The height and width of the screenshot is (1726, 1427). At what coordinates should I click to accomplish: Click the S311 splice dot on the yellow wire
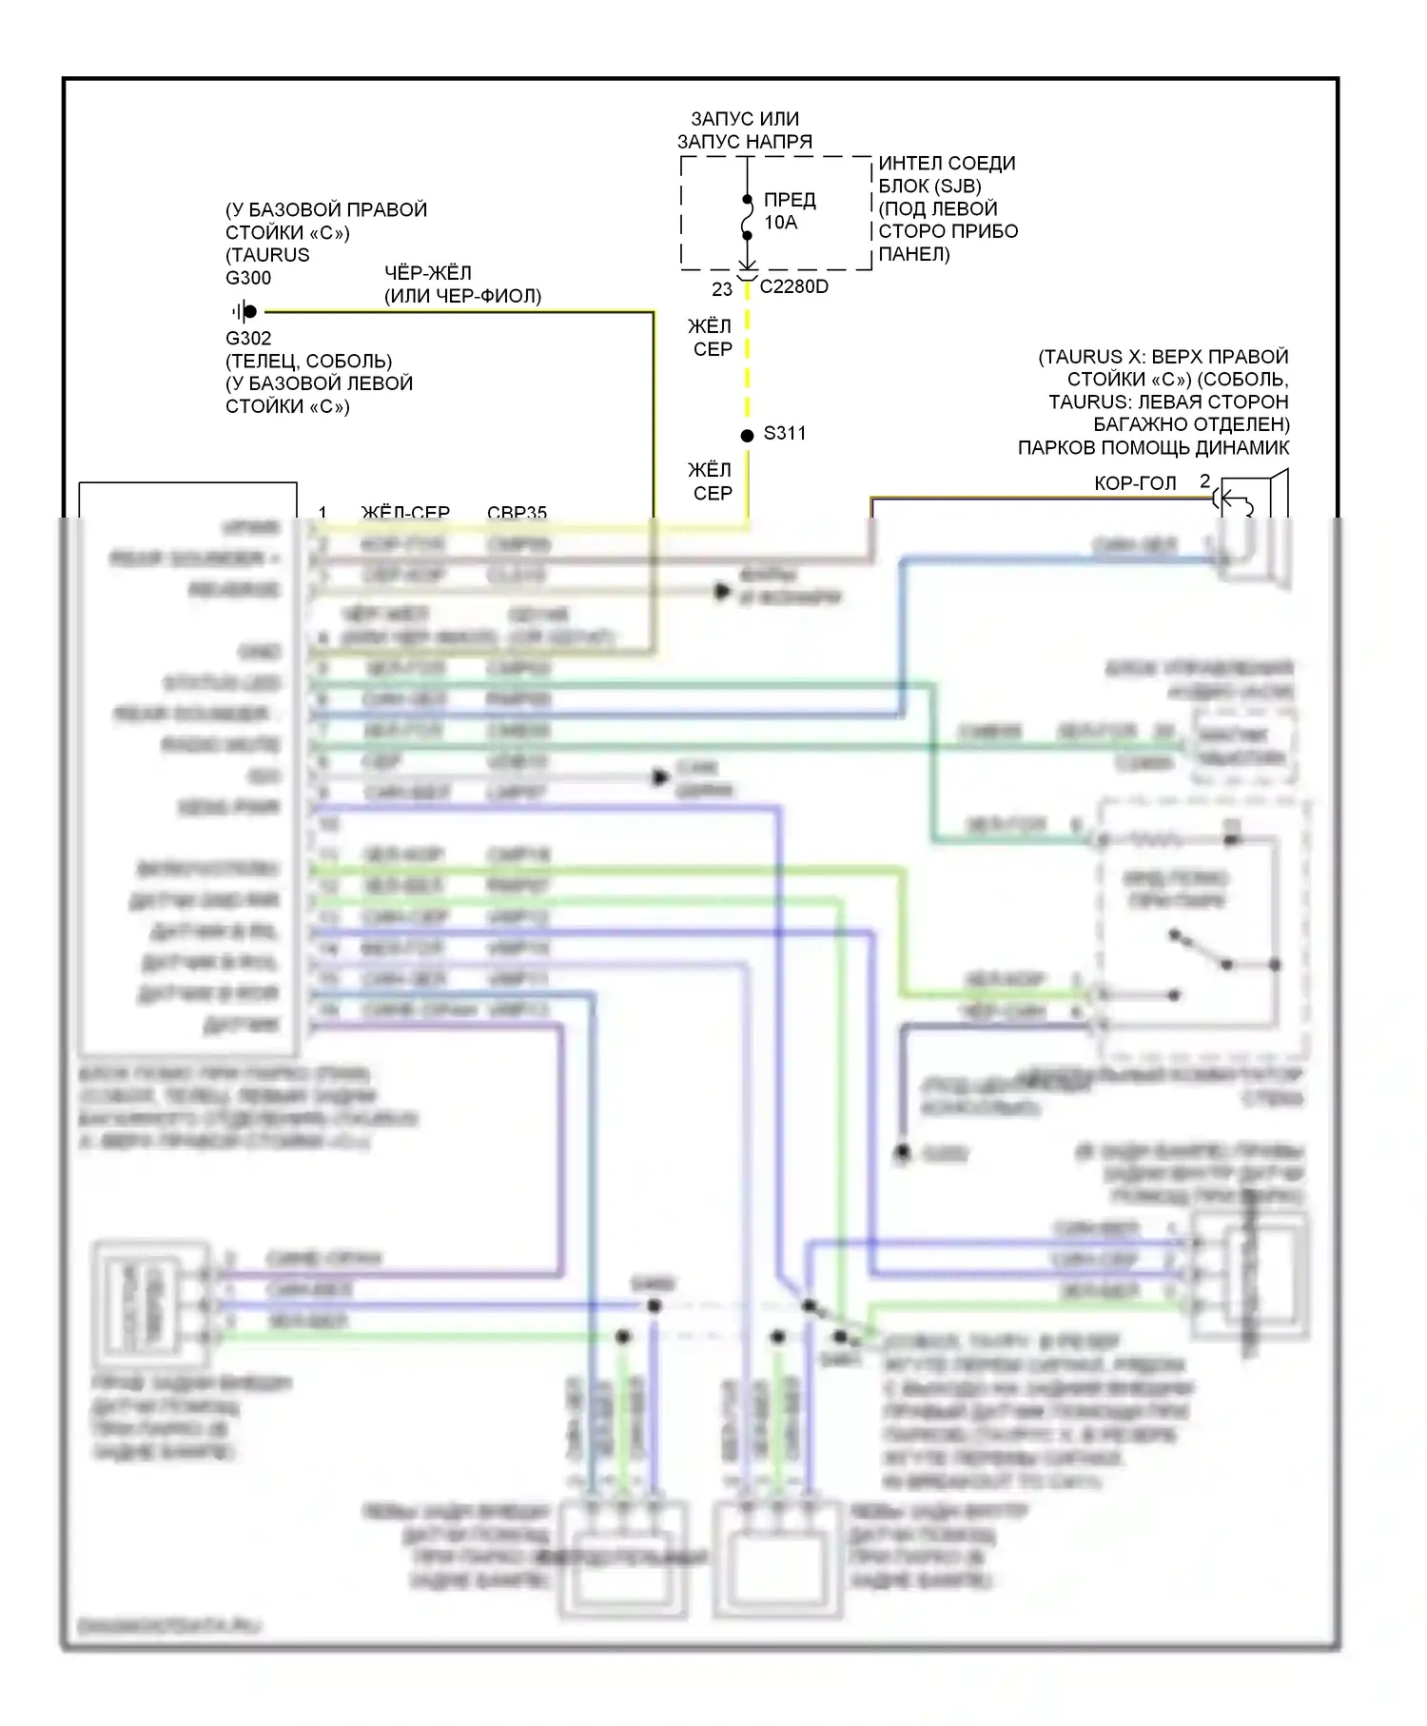click(747, 436)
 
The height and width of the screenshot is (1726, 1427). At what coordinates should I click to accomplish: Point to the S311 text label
click(785, 434)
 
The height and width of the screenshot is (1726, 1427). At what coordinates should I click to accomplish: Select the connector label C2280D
click(793, 287)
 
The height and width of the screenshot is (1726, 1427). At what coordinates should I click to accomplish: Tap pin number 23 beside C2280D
click(722, 289)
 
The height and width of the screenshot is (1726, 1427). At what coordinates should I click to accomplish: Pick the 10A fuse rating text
click(781, 223)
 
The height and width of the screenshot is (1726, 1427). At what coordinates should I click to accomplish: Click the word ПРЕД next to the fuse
click(790, 200)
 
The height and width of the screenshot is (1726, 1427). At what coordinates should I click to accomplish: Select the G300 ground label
click(248, 278)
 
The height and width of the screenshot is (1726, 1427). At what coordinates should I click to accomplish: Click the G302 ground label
click(248, 339)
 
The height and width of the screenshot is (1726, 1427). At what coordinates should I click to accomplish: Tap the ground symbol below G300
click(245, 311)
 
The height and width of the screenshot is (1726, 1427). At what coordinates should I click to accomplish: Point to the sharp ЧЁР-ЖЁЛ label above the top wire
click(428, 273)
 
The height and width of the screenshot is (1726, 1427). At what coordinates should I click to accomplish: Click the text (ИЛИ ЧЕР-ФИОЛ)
click(462, 296)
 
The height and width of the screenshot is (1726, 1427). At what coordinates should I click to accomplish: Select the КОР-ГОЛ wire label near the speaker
click(1135, 483)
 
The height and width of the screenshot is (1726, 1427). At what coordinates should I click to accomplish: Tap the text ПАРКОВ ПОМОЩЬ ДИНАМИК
click(1153, 448)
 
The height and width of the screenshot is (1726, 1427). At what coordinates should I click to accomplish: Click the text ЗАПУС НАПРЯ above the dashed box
click(745, 142)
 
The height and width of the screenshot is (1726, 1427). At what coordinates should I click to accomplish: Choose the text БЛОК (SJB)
click(929, 186)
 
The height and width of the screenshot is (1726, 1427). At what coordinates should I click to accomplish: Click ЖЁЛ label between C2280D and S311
click(710, 326)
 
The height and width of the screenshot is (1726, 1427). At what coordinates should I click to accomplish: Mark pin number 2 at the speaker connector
click(1204, 481)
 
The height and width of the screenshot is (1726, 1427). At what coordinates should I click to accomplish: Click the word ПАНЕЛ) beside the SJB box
click(913, 254)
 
